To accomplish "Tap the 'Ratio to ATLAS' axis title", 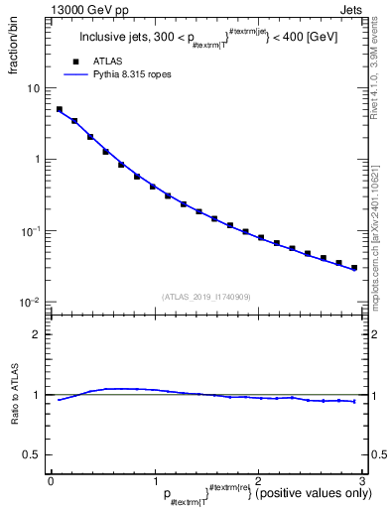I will click(x=16, y=396).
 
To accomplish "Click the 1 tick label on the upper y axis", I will click(x=38, y=160).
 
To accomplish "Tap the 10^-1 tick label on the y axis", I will click(x=33, y=230).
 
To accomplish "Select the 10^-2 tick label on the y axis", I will click(x=33, y=302).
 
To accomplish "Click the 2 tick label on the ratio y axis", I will click(x=38, y=334).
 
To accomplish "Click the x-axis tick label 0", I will click(x=51, y=480).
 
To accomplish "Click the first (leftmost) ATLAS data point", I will click(x=60, y=110).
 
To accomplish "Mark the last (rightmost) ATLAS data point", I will click(x=353, y=268).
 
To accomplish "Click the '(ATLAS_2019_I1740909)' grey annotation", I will click(x=205, y=297).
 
